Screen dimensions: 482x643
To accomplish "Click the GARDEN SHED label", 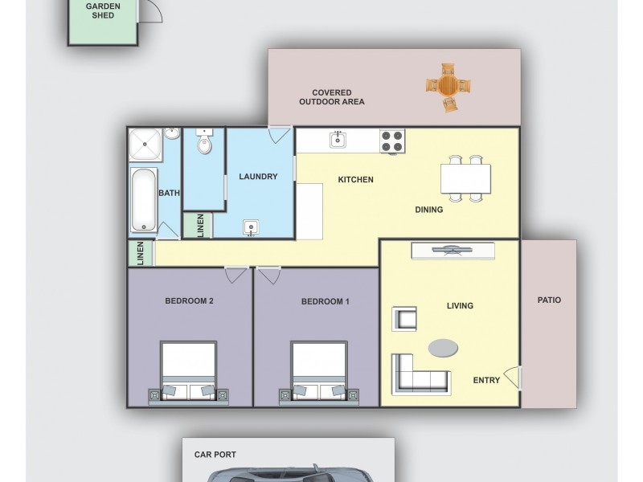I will (103, 10).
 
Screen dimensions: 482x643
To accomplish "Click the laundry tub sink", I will (252, 228).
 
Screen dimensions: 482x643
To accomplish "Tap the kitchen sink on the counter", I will (338, 141).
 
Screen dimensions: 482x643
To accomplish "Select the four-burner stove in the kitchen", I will (391, 141).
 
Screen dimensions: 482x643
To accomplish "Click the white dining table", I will (465, 178).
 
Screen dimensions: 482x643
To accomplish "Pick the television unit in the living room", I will (453, 251).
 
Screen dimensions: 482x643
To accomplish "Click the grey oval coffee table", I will (443, 347).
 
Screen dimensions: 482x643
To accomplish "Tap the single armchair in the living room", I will (404, 319).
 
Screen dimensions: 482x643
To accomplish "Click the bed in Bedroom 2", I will (188, 371).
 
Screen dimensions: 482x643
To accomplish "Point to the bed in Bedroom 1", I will (319, 371).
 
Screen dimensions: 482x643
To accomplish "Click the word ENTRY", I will (486, 381).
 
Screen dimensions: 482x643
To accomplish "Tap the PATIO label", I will (549, 300).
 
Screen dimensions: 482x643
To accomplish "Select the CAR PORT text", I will (215, 455).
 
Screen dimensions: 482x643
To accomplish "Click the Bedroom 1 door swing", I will (269, 276).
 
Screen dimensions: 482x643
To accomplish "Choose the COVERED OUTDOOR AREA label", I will (332, 97).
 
